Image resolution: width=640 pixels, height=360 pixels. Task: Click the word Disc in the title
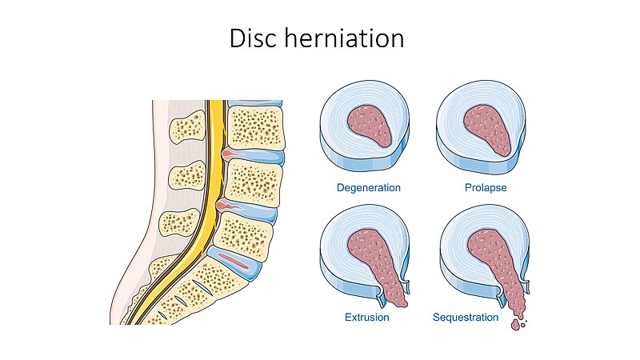255,39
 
